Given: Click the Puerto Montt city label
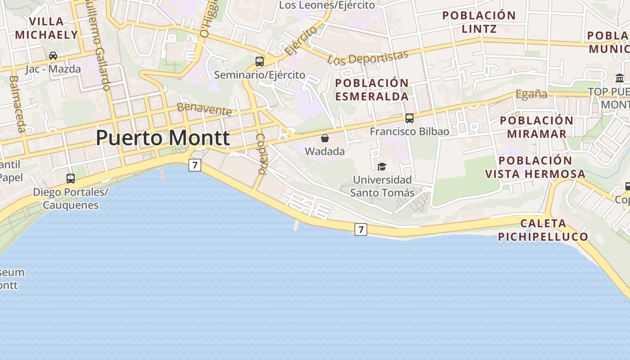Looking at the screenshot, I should pos(163,138).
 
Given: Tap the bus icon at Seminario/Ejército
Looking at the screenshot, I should pos(260,62).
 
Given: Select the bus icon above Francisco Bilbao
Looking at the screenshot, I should pos(409,118).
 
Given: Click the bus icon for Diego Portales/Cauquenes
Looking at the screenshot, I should pos(71,178).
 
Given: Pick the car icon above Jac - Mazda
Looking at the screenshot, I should pos(53,56).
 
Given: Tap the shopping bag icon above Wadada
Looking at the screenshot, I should pos(325,138).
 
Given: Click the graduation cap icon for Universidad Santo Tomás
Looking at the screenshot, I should pos(382,166).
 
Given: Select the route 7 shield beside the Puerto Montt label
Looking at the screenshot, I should pos(194,165).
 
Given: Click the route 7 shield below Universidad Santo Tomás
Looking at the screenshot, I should pos(360,229).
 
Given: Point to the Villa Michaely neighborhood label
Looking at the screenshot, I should pos(46,28).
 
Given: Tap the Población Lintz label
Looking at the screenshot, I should pos(479,22).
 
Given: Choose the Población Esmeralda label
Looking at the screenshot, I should pos(372,90).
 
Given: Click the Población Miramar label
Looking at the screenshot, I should pos(536,127).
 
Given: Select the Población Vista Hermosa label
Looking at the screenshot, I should pos(535,167).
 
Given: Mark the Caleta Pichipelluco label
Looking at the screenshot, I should pos(543,230).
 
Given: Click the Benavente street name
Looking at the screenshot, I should pos(204,109).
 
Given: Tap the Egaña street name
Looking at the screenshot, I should pos(531,94).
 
